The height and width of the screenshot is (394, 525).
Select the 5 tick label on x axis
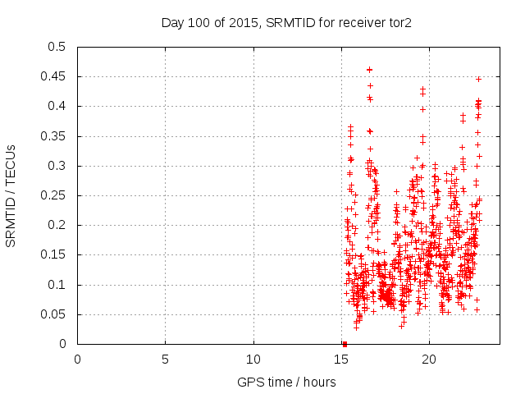coord(166,360)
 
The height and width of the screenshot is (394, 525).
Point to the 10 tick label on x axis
coord(253,360)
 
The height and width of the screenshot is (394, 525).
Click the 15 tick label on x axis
coord(341,360)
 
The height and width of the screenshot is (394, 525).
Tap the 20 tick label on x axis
coord(429,360)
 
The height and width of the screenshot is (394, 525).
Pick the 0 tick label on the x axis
coord(78,360)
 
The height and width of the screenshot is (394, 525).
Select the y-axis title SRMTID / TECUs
coord(11,195)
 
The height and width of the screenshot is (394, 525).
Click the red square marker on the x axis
coord(345,344)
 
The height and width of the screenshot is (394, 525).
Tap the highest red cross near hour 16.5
coord(369,70)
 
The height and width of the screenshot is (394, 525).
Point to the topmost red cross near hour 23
coord(478,80)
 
